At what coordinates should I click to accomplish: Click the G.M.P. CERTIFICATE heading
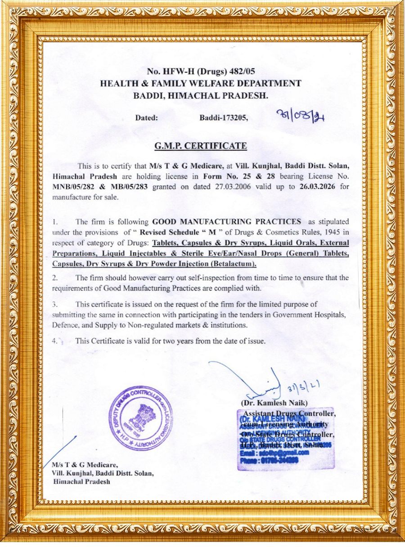(200, 146)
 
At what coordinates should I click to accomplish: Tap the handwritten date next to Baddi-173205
(302, 117)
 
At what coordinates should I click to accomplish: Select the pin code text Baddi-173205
(224, 118)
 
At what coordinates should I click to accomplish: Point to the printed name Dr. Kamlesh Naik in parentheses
(274, 403)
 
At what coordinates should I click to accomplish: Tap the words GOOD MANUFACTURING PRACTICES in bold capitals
(227, 222)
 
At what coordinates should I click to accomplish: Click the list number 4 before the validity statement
(54, 341)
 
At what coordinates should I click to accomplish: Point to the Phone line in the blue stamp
(269, 461)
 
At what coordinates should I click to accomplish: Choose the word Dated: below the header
(147, 118)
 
